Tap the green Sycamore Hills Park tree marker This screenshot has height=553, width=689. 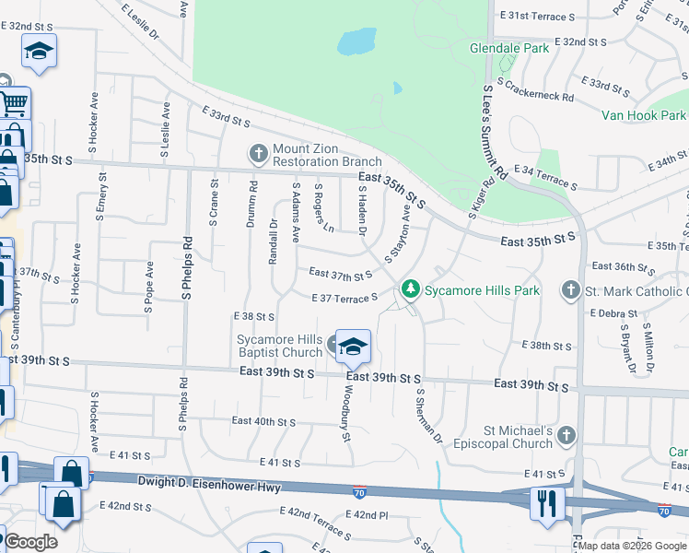pos(412,289)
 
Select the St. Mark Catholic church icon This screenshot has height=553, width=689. pos(571,290)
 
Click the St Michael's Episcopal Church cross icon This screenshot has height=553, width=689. pos(566,434)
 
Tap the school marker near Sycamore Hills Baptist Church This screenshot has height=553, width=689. pos(353,347)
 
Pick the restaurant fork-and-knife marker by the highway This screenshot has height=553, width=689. pos(547,503)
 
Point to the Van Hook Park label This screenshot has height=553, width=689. pos(644,115)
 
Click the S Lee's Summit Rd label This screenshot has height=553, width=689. pos(495,133)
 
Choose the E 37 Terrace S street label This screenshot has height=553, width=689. pos(345,298)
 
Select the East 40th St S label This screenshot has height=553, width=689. pos(263,421)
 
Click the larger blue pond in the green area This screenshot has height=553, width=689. pos(356,41)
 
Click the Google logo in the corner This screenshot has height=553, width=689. pos(30,542)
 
